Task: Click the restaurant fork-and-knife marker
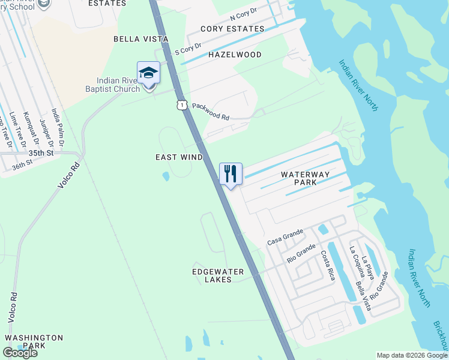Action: (x=231, y=174)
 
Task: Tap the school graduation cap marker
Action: (x=148, y=73)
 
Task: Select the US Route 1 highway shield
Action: (x=181, y=105)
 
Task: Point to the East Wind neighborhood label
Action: (x=179, y=157)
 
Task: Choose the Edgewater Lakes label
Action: (x=217, y=275)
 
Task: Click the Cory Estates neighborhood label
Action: (x=232, y=29)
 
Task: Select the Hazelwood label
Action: (x=235, y=55)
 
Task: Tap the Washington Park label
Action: (x=34, y=342)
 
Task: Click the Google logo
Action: (x=20, y=353)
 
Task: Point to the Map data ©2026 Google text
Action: (x=412, y=355)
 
